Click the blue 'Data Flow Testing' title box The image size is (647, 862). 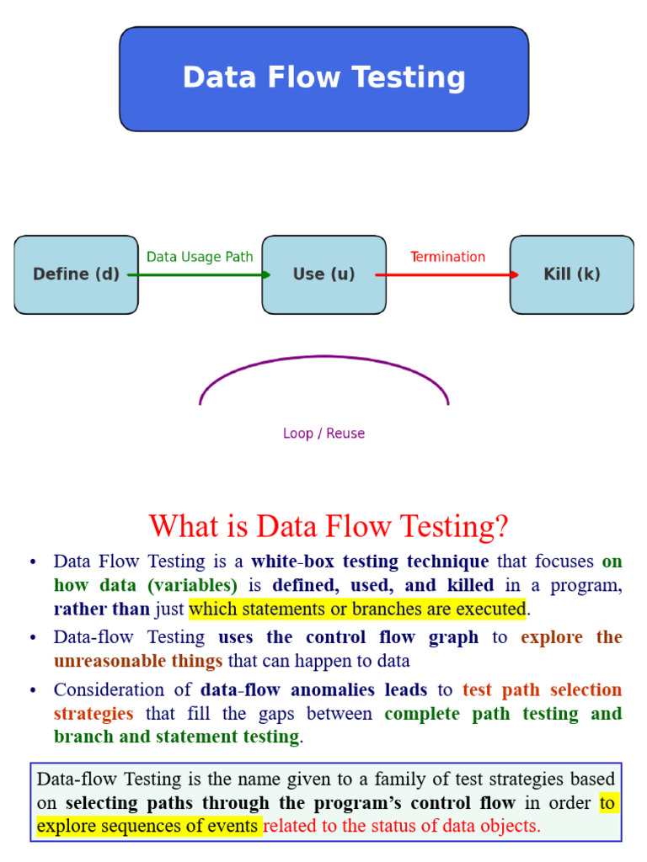click(323, 78)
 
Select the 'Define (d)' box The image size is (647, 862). click(76, 274)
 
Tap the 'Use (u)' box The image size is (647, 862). click(323, 274)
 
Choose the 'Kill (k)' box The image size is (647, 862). click(572, 274)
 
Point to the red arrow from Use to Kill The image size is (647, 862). click(447, 274)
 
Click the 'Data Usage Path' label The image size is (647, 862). click(200, 257)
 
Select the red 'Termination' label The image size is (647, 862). click(447, 257)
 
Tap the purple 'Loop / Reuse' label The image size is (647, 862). click(323, 434)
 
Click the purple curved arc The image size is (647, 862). click(323, 356)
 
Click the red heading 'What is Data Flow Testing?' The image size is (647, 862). click(329, 527)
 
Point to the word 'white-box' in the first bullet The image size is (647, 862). click(288, 561)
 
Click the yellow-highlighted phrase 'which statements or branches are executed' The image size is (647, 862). click(357, 609)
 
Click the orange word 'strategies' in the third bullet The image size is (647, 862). click(94, 714)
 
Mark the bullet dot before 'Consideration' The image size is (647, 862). click(33, 690)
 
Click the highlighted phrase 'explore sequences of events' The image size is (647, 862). click(148, 826)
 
